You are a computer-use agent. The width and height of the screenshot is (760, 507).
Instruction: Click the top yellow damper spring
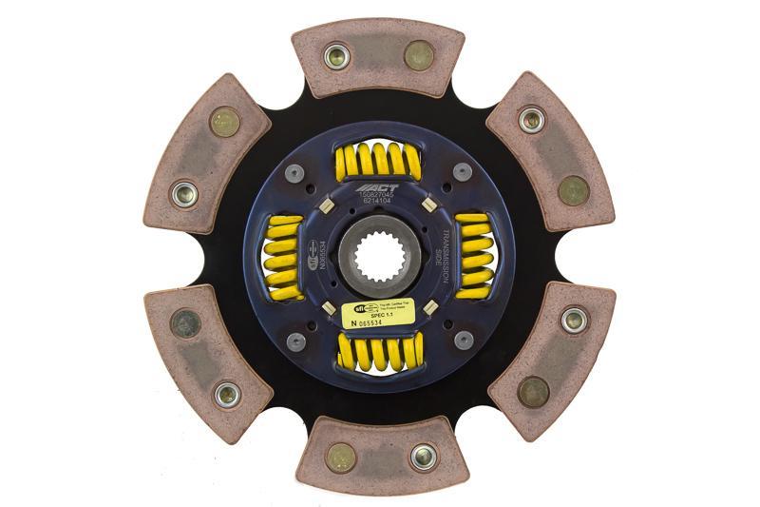pos(378,161)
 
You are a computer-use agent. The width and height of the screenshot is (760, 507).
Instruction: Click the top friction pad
pos(378,57)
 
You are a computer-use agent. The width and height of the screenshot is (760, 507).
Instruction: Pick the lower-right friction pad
pos(551,356)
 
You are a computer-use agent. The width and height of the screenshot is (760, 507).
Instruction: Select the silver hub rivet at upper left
pos(294,173)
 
